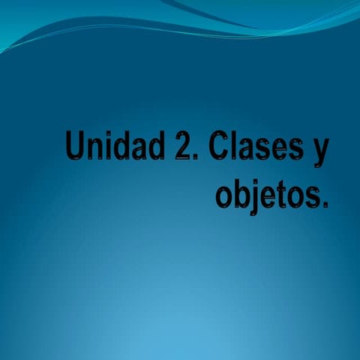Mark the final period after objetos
[x=324, y=205]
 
